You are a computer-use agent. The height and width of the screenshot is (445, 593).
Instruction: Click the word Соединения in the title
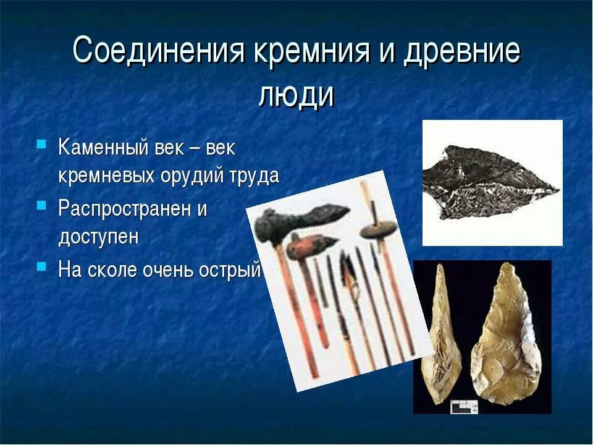[159, 52]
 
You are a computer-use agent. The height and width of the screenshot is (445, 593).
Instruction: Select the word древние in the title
[461, 52]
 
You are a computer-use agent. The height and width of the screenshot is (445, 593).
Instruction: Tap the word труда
[254, 176]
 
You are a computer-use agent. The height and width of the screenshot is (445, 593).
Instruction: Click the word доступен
[99, 237]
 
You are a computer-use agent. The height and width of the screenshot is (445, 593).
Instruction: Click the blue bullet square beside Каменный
[41, 145]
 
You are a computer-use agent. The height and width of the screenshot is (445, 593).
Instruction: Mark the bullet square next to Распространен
[41, 205]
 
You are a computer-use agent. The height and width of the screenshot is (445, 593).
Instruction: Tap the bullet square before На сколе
[41, 266]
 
